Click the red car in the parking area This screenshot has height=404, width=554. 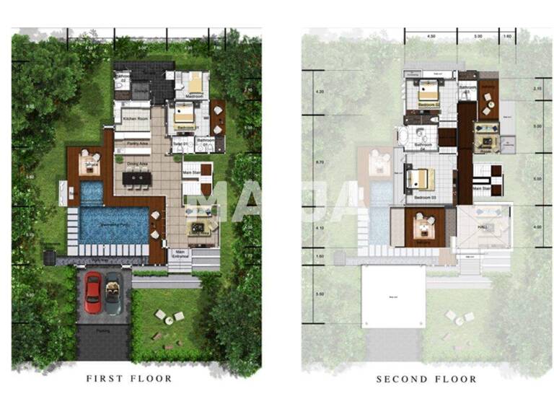tap(93, 291)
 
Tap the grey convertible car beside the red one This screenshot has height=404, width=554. tap(113, 291)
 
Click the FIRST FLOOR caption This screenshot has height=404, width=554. tap(129, 378)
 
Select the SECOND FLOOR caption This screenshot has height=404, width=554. tap(426, 379)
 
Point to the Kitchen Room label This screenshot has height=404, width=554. tap(135, 118)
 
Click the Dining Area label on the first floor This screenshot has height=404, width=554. tap(138, 164)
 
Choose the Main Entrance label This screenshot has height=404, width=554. tap(181, 253)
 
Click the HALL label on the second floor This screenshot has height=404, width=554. tap(483, 227)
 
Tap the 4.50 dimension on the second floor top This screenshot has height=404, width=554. tap(431, 35)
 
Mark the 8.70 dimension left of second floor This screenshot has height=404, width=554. tap(309, 163)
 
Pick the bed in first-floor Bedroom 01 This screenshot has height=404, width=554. tap(183, 114)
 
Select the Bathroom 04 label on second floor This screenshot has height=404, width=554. tap(423, 145)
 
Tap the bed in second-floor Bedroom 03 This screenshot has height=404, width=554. tap(420, 179)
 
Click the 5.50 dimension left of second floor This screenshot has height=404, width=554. tap(309, 294)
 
